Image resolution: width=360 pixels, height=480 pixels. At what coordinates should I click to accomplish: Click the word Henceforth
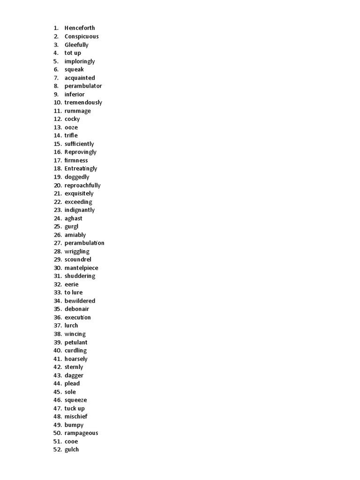79,28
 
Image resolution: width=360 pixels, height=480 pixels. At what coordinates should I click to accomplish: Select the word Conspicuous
82,37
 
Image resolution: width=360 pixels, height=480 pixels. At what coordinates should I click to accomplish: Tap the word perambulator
83,86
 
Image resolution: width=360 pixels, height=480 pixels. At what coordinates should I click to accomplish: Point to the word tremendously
83,103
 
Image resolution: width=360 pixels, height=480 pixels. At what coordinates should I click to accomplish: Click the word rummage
77,111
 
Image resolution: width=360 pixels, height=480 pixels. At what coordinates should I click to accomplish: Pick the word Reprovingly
80,152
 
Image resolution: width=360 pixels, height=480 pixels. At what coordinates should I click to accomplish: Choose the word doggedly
76,177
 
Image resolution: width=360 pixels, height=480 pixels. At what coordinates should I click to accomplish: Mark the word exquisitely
79,194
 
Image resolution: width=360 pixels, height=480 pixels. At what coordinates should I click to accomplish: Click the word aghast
73,218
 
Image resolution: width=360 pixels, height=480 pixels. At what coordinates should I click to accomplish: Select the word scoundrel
78,260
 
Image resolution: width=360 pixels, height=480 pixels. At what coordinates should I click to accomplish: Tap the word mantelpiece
81,268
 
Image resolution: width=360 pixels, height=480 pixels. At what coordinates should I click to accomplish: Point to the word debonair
76,309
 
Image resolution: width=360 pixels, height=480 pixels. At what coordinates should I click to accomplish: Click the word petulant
75,343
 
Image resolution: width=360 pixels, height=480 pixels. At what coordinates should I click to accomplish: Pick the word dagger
74,375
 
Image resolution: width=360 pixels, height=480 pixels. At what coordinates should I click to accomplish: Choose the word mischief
76,417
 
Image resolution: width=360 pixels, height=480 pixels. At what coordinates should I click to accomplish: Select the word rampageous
81,433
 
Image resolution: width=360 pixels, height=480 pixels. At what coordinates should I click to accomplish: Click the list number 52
58,450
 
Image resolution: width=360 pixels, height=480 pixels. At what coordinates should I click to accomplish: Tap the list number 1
56,28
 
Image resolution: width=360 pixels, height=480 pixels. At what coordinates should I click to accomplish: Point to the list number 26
58,235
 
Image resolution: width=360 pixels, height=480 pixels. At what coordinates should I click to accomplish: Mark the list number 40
58,351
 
